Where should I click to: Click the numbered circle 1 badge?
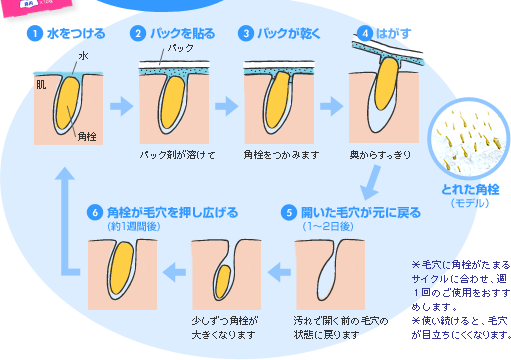pos(36,33)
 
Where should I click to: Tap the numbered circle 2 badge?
pos(139,33)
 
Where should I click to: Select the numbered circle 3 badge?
pos(245,33)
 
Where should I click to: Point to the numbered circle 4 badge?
pos(366,33)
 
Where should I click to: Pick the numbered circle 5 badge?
pos(289,213)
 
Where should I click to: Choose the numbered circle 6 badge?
pos(95,213)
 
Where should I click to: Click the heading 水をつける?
pos(75,33)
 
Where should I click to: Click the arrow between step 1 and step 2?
pos(119,104)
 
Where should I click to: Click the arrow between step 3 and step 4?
pos(332,104)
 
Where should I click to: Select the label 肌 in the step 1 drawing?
pos(41,85)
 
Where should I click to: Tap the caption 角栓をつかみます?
pos(280,156)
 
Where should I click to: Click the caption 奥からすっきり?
pos(381,156)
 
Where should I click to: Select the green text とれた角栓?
pos(463,190)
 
